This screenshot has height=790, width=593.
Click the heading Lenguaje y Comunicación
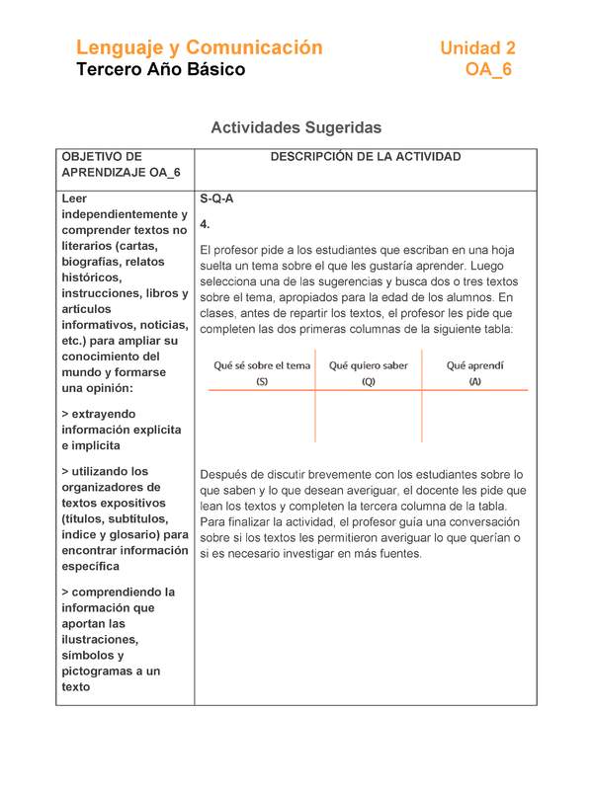coord(200,47)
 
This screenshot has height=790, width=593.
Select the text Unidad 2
coord(477,47)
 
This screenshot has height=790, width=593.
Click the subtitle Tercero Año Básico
coord(160,70)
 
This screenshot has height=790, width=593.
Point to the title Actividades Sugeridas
coord(296,128)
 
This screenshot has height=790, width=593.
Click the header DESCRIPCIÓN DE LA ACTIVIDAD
coord(365,157)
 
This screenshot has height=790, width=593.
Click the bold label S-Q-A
coord(216,198)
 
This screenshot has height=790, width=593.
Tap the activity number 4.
coord(205,224)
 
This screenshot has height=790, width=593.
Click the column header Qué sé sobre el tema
coord(262,365)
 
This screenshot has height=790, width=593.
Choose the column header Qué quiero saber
coord(368,365)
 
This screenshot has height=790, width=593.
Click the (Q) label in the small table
coord(368,382)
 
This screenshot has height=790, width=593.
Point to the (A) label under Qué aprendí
coord(475,382)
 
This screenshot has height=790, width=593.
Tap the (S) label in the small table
coord(262,382)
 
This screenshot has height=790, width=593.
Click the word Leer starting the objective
coord(75,198)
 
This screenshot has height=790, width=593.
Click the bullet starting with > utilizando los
coord(125,518)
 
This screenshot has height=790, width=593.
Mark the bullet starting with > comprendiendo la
coord(117,639)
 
